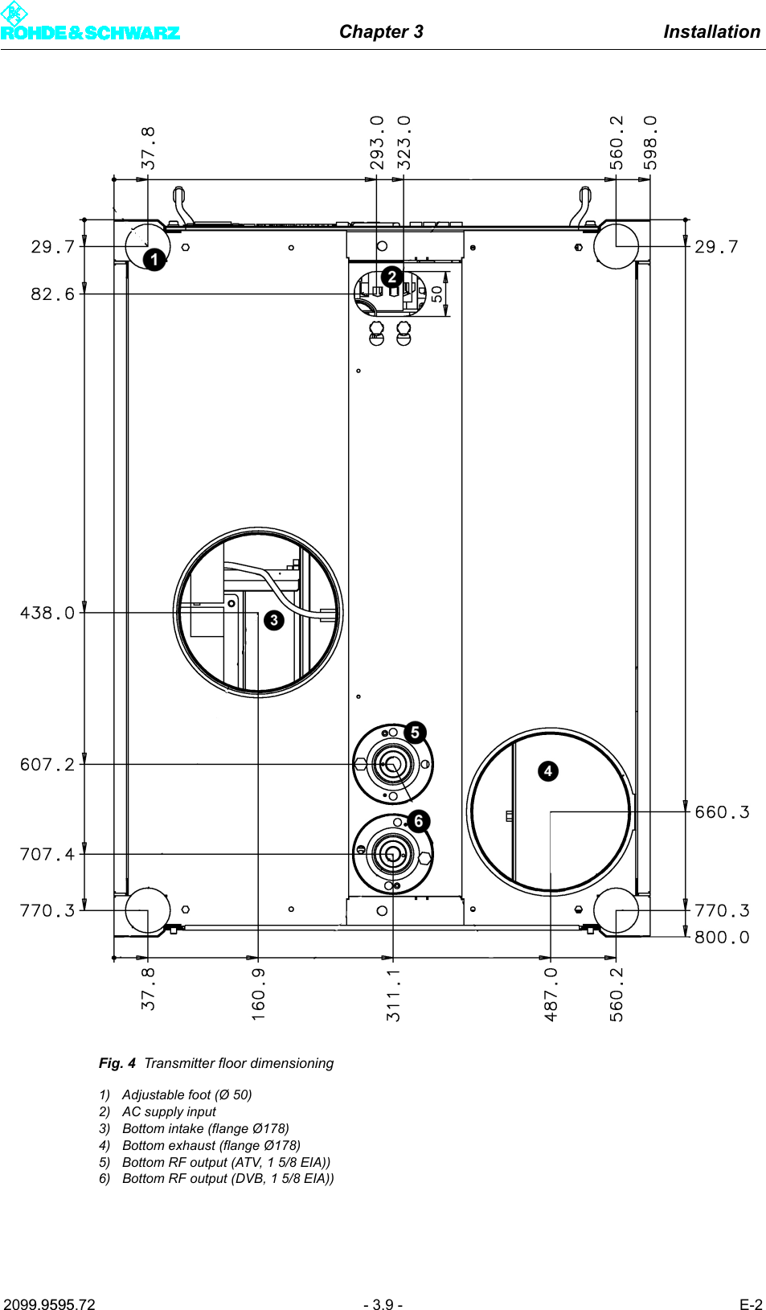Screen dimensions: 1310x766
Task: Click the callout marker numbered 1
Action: click(154, 260)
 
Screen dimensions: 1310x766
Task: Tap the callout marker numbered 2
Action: click(391, 277)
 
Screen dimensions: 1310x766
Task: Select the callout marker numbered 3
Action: click(274, 620)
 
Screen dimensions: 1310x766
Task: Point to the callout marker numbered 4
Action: click(548, 771)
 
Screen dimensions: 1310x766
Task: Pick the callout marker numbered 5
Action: click(415, 732)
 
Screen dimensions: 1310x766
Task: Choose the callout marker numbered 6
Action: click(418, 821)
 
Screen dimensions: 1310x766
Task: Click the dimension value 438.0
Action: click(47, 613)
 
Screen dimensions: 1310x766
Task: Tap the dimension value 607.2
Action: click(47, 765)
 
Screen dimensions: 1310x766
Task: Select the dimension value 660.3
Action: click(722, 812)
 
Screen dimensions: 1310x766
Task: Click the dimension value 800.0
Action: click(722, 938)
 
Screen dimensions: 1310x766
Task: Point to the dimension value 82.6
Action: click(52, 294)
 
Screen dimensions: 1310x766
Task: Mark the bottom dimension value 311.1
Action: click(393, 995)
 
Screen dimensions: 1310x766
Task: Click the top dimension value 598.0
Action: click(650, 142)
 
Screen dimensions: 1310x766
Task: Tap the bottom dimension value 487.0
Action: click(551, 995)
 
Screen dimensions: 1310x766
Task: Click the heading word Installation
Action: click(711, 32)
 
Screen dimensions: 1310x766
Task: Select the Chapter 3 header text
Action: click(381, 32)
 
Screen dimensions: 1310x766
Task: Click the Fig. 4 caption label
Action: click(117, 1063)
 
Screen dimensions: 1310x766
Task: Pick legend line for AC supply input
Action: click(169, 1111)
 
